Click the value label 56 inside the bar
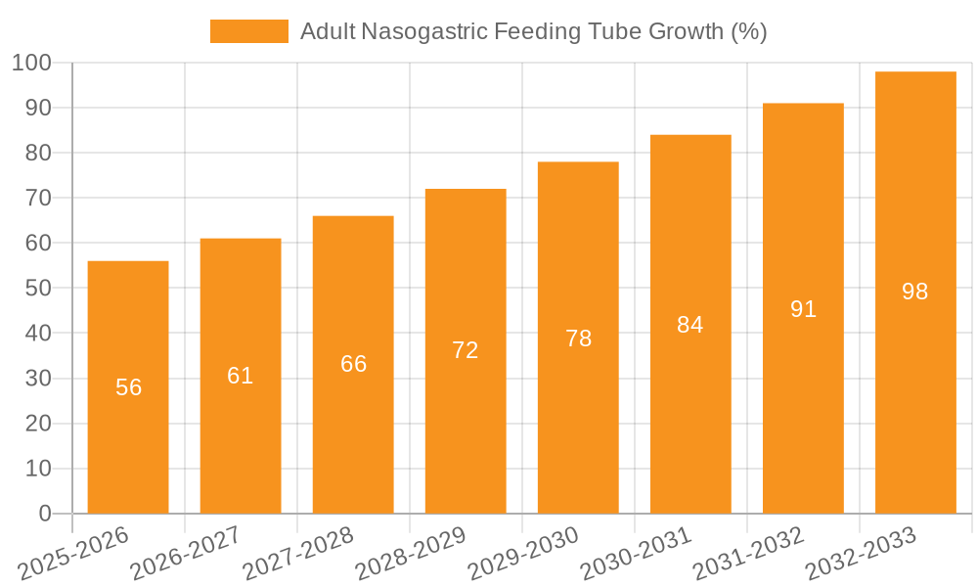coord(129,387)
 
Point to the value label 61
coord(241,376)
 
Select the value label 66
coord(353,364)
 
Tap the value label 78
coord(578,339)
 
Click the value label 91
coord(803,309)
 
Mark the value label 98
coord(915,292)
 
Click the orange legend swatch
coord(249,31)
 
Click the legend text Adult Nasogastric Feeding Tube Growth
coord(533,31)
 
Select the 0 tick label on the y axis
coord(44,514)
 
